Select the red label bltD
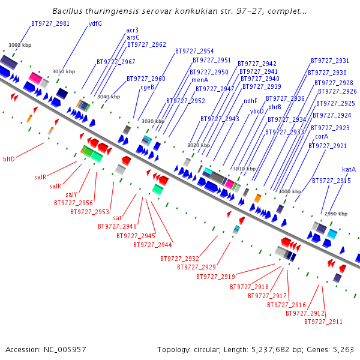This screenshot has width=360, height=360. click(8, 159)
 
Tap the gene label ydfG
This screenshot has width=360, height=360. click(95, 24)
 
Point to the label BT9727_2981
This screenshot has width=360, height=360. click(50, 24)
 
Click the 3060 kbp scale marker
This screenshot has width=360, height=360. click(20, 45)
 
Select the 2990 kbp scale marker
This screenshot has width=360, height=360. click(336, 214)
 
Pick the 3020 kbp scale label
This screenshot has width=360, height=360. click(199, 145)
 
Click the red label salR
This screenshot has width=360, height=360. click(40, 177)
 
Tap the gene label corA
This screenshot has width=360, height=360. click(322, 137)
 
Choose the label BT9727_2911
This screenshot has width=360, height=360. click(323, 322)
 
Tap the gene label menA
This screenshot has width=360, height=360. click(200, 80)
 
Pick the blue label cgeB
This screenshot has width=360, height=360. click(148, 87)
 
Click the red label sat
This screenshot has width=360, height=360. click(118, 218)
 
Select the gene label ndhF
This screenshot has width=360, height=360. click(250, 101)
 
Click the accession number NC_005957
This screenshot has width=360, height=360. click(67, 349)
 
